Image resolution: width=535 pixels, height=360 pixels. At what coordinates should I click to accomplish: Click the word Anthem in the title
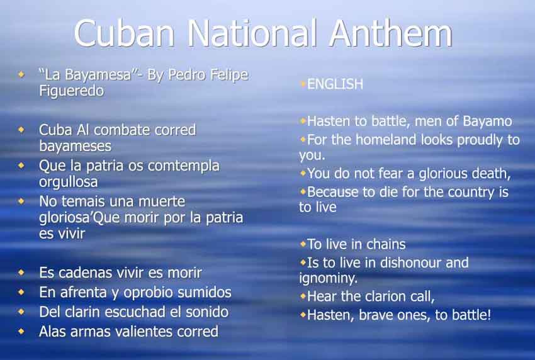coord(391,33)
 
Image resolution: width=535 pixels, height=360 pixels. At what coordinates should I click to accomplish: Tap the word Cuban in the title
coord(124,33)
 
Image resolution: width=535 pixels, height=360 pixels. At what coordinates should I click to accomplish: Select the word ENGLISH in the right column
coord(335,84)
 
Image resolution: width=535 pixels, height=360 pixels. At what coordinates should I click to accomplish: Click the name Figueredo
coord(72,91)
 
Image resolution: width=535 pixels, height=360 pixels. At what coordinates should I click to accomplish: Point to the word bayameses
coord(76,147)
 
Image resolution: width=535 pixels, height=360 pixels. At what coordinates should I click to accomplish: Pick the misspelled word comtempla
coord(184,166)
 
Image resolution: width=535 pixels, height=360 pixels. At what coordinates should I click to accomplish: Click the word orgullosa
coord(68,182)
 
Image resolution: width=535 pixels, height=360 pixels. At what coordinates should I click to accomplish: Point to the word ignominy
coord(328,278)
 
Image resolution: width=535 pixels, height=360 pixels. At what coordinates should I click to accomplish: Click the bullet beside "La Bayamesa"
coord(21,74)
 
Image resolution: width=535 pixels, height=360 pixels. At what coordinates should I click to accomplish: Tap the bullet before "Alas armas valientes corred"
coord(21,331)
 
